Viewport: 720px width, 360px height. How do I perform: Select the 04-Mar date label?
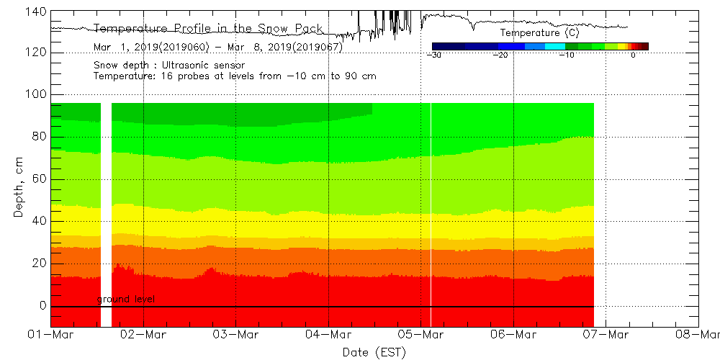pyautogui.click(x=328, y=335)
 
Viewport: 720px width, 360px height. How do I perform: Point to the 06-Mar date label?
pyautogui.click(x=513, y=335)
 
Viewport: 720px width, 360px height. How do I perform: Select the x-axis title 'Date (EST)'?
pyautogui.click(x=374, y=352)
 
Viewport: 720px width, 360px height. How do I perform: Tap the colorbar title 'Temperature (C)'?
pyautogui.click(x=539, y=33)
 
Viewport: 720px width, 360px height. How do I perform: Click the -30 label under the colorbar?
pyautogui.click(x=433, y=55)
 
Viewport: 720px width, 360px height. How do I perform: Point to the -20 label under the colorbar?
pyautogui.click(x=500, y=55)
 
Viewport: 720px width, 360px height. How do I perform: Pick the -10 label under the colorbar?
pyautogui.click(x=567, y=55)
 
